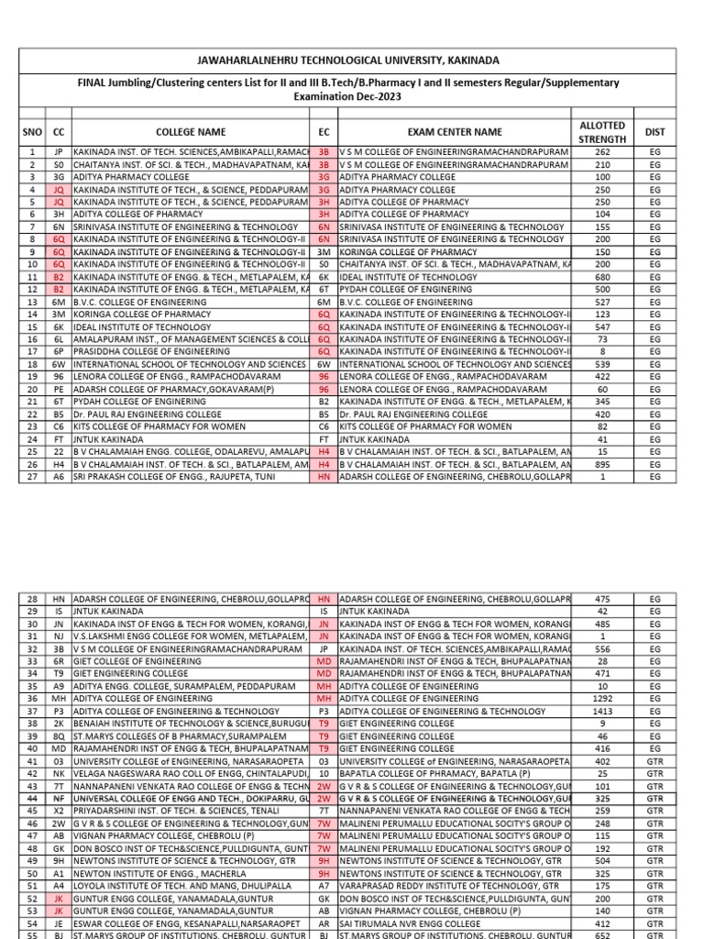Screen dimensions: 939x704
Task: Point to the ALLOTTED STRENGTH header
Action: pyautogui.click(x=601, y=132)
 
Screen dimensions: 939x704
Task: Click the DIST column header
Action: pyautogui.click(x=654, y=132)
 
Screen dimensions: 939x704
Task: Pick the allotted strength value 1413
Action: pyautogui.click(x=601, y=711)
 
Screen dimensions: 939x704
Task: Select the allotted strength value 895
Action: pyautogui.click(x=601, y=465)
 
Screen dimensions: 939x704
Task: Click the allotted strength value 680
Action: pyautogui.click(x=601, y=276)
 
